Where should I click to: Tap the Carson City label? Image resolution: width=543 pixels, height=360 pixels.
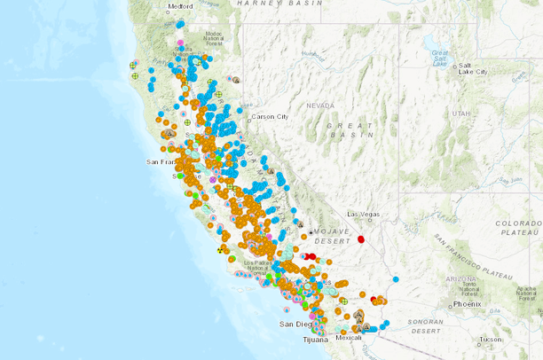pyautogui.click(x=271, y=116)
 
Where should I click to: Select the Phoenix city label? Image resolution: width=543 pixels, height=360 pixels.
pyautogui.click(x=467, y=304)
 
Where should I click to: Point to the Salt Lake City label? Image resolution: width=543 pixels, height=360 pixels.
pyautogui.click(x=471, y=68)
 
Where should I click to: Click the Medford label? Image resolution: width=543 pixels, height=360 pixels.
pyautogui.click(x=179, y=5)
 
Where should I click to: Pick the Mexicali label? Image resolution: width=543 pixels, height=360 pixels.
pyautogui.click(x=349, y=338)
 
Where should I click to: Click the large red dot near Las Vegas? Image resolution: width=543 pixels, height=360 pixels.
pyautogui.click(x=361, y=239)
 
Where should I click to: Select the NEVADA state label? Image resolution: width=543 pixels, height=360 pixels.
pyautogui.click(x=320, y=105)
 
